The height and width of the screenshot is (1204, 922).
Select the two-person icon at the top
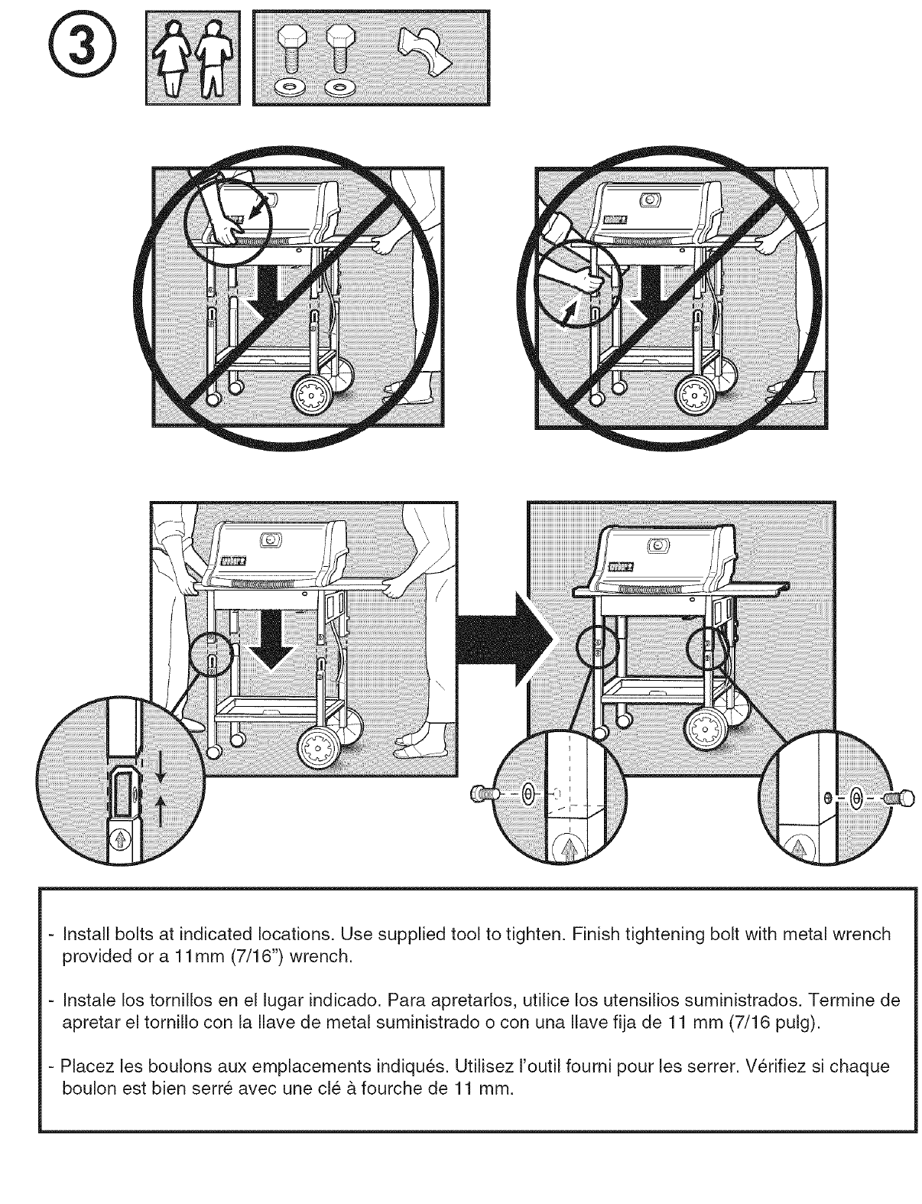point(192,57)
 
